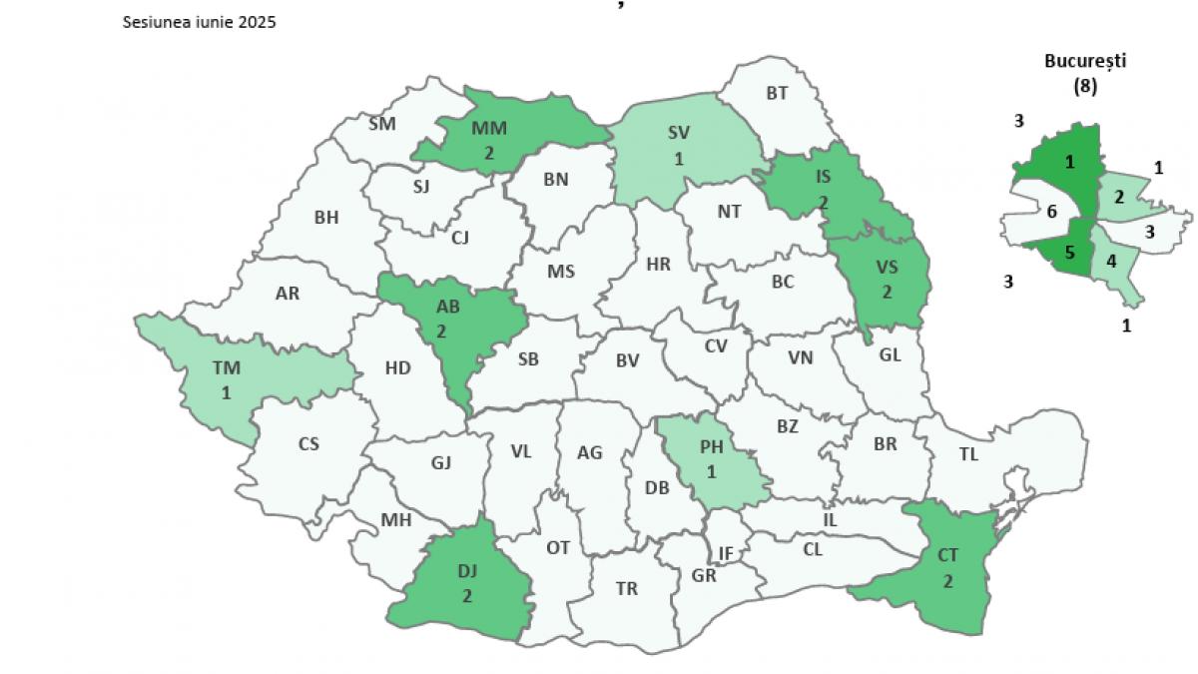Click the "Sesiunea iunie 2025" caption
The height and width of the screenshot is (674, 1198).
click(199, 22)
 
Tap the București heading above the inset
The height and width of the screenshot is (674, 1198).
click(1085, 60)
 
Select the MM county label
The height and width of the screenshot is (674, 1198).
click(489, 129)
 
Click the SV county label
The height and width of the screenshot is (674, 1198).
click(679, 132)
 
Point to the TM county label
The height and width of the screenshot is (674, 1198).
click(226, 367)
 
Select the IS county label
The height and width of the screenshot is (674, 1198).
click(823, 178)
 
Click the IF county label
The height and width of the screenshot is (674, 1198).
click(726, 552)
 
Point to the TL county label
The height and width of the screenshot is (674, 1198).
click(968, 453)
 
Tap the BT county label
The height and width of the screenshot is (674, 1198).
click(777, 93)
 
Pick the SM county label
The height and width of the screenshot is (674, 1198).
click(381, 124)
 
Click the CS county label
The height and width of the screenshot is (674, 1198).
click(308, 443)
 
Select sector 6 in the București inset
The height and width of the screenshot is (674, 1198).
click(1051, 212)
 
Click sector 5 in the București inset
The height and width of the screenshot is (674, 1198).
click(1069, 253)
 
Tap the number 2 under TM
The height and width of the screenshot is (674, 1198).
click(226, 393)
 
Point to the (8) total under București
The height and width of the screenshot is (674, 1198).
click(1085, 86)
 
